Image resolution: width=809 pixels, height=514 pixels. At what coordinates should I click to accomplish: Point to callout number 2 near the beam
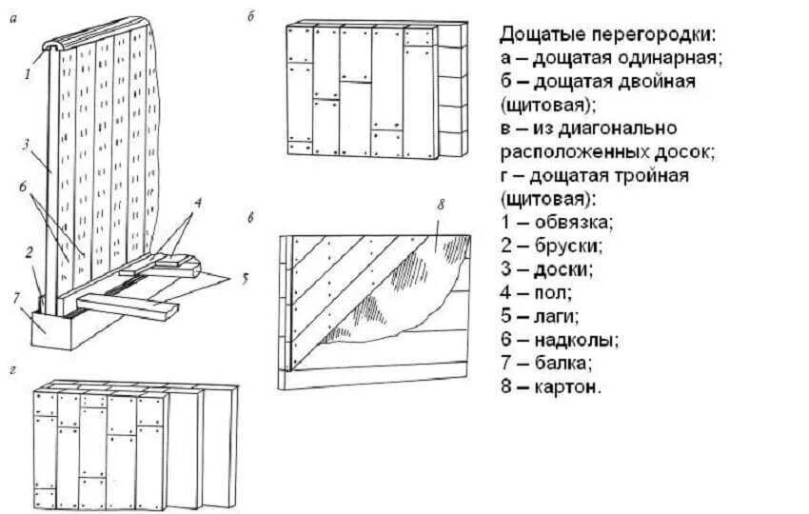pos(30,252)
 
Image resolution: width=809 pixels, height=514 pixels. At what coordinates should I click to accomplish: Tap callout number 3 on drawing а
pos(29,144)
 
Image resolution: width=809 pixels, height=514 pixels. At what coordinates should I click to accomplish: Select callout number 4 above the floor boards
pos(196,202)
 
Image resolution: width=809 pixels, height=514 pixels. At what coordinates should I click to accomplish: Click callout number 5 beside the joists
pos(244,279)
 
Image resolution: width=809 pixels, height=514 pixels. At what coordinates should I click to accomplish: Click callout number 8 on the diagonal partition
pos(441,203)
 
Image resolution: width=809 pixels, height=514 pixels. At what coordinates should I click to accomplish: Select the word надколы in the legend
pos(573,340)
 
